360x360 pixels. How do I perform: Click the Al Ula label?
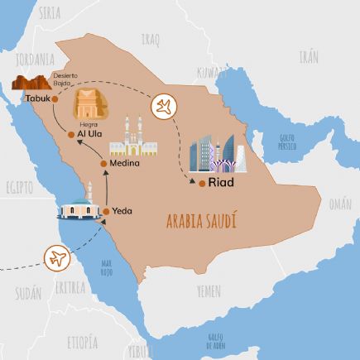[x=92, y=133]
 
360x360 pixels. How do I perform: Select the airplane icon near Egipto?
[x=58, y=258]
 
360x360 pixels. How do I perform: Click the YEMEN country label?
[x=209, y=290]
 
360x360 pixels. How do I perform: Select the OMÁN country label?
[x=339, y=204]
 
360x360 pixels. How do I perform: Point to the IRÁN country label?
[x=308, y=57]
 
